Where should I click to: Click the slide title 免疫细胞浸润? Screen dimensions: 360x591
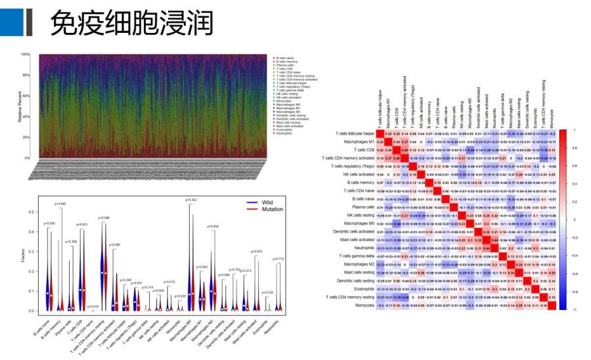click(x=131, y=24)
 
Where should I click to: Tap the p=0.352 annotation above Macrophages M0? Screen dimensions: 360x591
click(x=192, y=200)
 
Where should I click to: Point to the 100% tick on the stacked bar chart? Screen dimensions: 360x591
click(x=26, y=55)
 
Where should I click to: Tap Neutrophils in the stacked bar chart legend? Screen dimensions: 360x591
click(x=284, y=124)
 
